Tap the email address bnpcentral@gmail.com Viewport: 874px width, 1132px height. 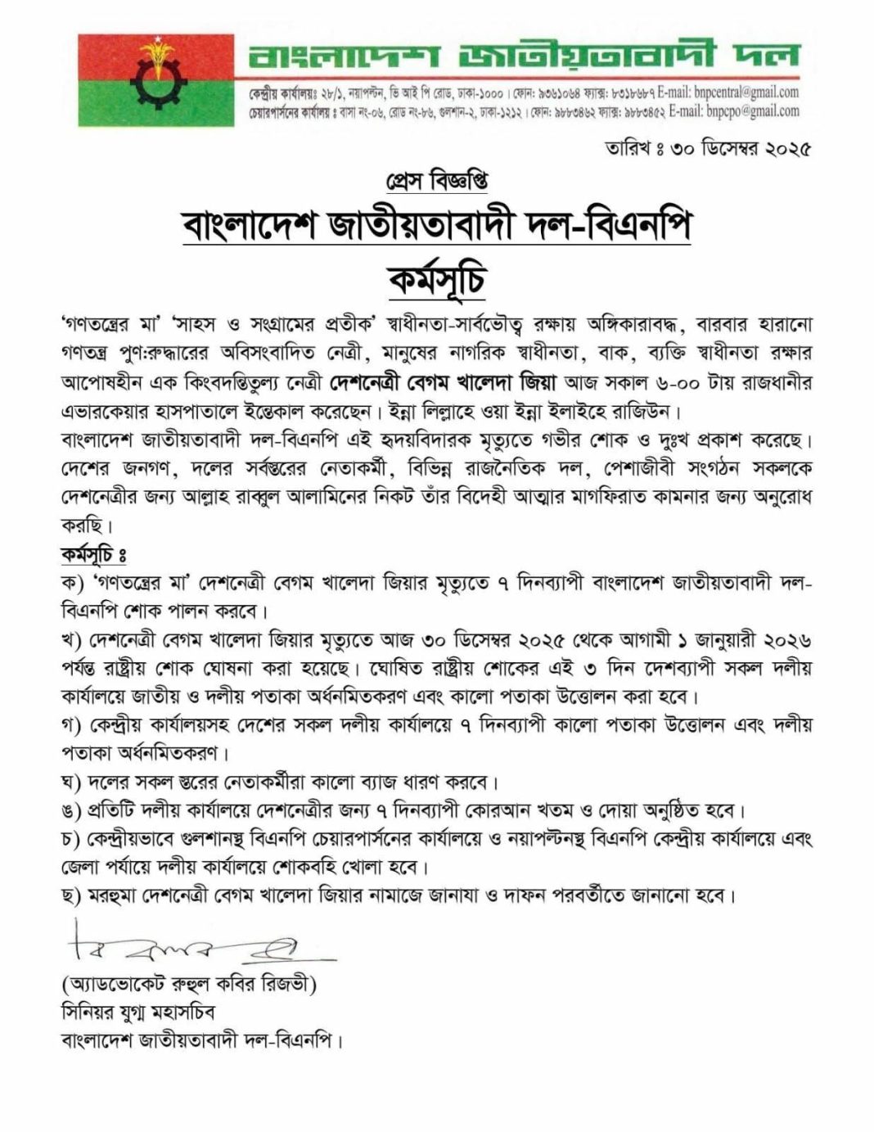pos(746,92)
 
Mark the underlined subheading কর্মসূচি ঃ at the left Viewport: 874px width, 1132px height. pos(92,556)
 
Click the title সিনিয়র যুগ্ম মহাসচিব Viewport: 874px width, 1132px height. pos(137,1012)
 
